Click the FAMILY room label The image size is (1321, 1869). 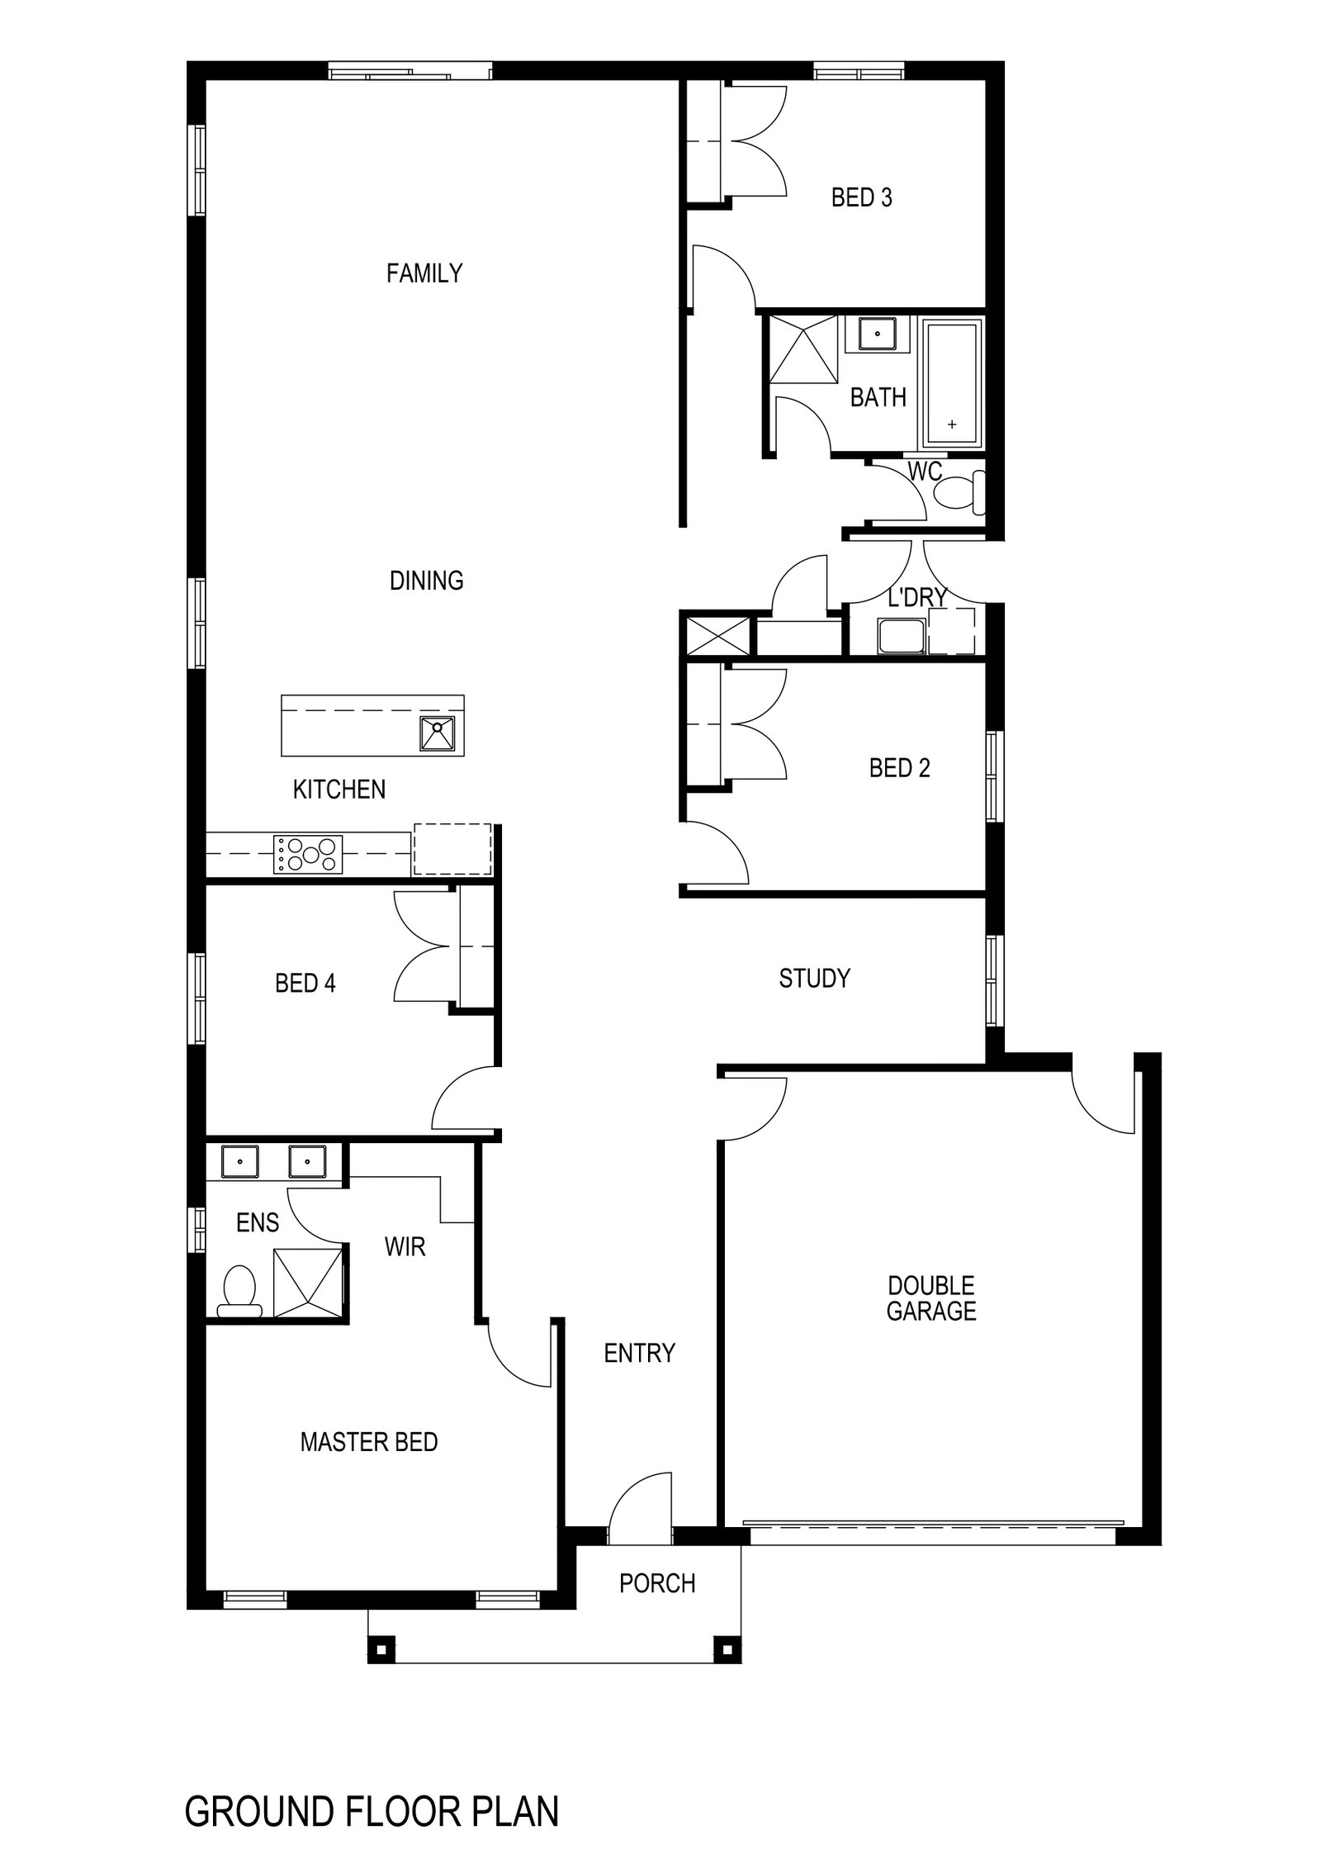[424, 273]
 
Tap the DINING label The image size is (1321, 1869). [426, 581]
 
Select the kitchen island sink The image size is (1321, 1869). [438, 734]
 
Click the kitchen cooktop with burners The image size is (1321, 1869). [308, 855]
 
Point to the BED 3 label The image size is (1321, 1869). [861, 198]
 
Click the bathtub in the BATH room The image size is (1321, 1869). [953, 383]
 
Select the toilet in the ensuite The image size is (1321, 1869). [239, 1293]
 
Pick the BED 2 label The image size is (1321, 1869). [899, 769]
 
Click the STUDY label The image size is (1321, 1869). [814, 979]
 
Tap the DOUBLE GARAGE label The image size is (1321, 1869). [931, 1298]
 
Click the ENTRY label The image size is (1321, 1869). [640, 1353]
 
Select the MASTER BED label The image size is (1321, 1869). [368, 1443]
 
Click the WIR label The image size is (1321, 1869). [405, 1247]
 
